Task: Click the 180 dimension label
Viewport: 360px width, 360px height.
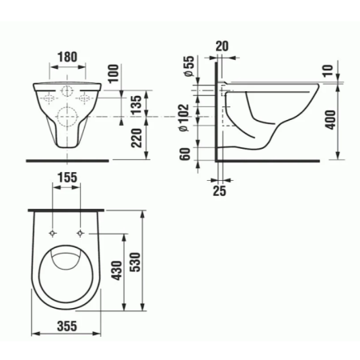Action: point(68,57)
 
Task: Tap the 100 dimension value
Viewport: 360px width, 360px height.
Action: point(114,74)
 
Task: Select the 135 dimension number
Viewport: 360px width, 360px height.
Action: point(137,105)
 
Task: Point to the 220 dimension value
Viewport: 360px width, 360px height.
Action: point(137,138)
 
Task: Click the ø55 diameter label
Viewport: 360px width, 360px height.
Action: point(189,66)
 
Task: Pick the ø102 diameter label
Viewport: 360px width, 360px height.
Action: point(184,118)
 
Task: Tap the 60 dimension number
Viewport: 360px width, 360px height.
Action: point(186,154)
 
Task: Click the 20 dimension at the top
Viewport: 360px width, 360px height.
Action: point(222,46)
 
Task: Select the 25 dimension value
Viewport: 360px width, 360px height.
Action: point(219,190)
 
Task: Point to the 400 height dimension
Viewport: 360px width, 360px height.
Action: point(331,119)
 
